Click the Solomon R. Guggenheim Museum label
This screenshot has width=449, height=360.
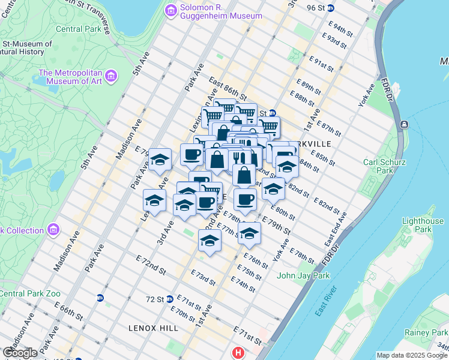(221, 10)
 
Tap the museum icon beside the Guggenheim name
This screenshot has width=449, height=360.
(170, 10)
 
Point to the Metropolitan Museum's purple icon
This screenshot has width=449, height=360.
(111, 77)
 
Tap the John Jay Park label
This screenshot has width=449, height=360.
(304, 276)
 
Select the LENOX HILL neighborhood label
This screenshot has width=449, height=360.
(153, 328)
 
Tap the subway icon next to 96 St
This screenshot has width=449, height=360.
(339, 8)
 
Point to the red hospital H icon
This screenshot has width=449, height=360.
(238, 353)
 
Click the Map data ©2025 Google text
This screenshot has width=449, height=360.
(411, 355)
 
